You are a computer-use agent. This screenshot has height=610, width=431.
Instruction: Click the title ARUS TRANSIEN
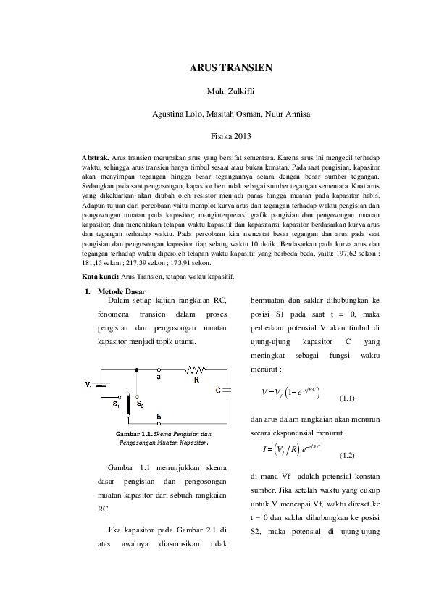point(231,68)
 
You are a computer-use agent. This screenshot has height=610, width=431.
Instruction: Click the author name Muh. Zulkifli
point(231,92)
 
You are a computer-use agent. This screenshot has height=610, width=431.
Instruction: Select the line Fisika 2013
point(231,136)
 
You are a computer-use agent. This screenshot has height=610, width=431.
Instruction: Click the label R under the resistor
point(196,379)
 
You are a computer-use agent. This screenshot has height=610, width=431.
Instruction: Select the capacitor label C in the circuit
point(218,390)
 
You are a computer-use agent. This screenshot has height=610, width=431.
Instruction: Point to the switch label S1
point(116,405)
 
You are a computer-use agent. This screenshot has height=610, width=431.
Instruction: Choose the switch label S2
point(140,405)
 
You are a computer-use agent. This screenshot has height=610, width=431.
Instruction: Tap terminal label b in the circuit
point(159,417)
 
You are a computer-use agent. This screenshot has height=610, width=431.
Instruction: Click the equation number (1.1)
point(347,398)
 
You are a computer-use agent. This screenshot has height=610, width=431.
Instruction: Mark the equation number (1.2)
point(347,456)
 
